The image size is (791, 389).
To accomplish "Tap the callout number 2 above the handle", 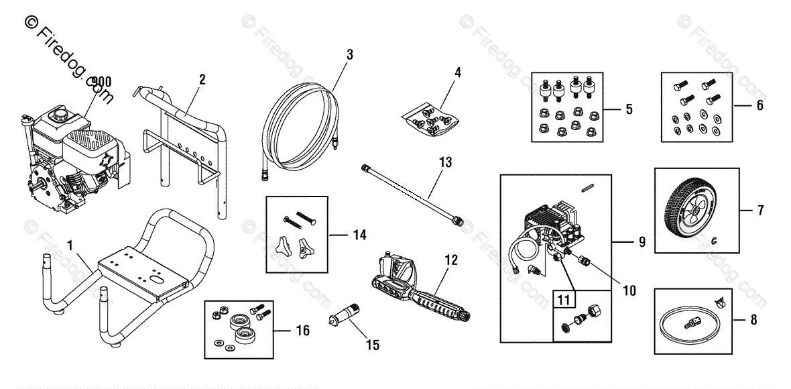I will [x=202, y=80].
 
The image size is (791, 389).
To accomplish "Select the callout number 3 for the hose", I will [x=349, y=55].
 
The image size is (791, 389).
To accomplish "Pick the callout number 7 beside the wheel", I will [x=760, y=211].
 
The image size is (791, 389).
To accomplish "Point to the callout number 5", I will [x=628, y=109].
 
